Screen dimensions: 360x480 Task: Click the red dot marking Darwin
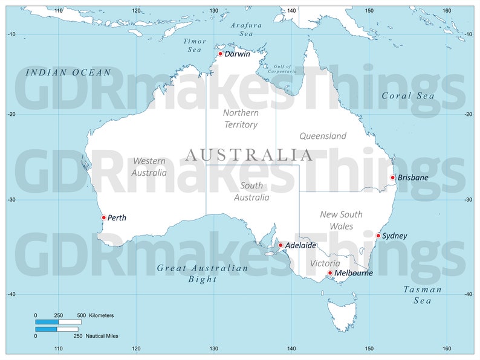[x=221, y=54]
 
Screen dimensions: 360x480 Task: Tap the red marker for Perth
[x=104, y=217]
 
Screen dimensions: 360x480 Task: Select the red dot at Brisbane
[x=393, y=178]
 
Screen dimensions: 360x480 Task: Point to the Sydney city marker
[x=378, y=236]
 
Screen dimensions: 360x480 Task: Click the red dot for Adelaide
[x=281, y=245]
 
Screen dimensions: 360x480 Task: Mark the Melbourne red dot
[x=330, y=273]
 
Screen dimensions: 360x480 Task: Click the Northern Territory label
[x=241, y=118]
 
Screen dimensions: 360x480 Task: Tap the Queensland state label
[x=323, y=136]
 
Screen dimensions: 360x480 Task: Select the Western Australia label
[x=149, y=167]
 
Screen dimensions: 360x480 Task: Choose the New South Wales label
[x=341, y=220]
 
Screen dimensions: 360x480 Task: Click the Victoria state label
[x=325, y=263]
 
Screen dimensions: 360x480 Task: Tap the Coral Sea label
[x=408, y=95]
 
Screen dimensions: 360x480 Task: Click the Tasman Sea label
[x=423, y=295]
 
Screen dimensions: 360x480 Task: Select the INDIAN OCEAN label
[x=68, y=72]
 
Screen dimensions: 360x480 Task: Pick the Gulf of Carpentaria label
[x=282, y=68]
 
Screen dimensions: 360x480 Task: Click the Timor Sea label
[x=195, y=45]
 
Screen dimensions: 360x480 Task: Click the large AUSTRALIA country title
[x=249, y=155]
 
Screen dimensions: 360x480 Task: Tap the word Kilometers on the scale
[x=101, y=315]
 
